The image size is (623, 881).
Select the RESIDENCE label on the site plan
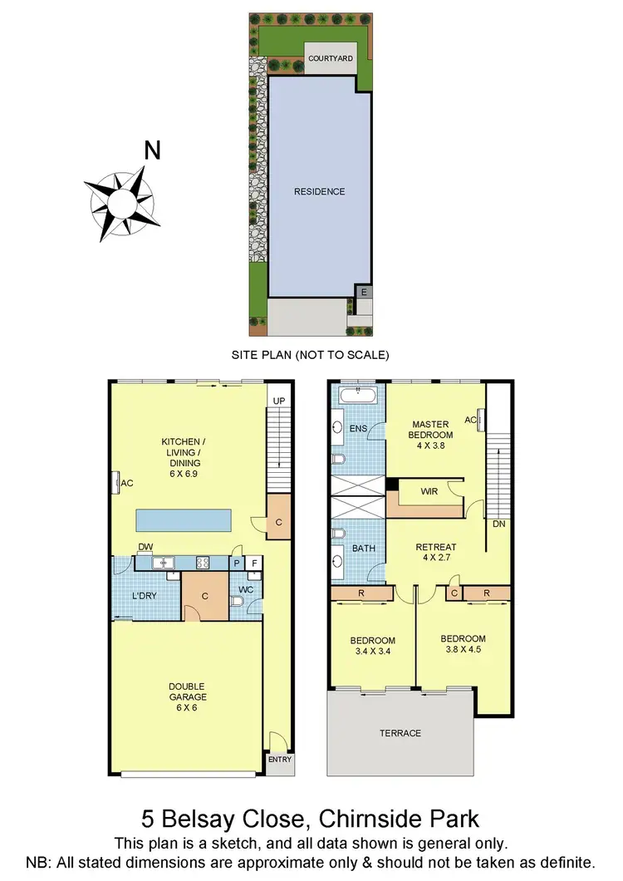[x=319, y=192]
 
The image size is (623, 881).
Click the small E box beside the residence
[x=361, y=292]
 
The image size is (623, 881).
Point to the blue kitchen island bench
[x=184, y=521]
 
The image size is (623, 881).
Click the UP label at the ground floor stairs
[x=279, y=401]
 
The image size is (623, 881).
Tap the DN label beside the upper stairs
[x=499, y=524]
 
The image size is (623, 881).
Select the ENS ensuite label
[x=357, y=429]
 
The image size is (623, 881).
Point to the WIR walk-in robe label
[x=429, y=492]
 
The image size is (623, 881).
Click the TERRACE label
[x=401, y=733]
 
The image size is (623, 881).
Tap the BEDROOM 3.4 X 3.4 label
[x=371, y=646]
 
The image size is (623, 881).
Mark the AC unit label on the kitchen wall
[x=128, y=483]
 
